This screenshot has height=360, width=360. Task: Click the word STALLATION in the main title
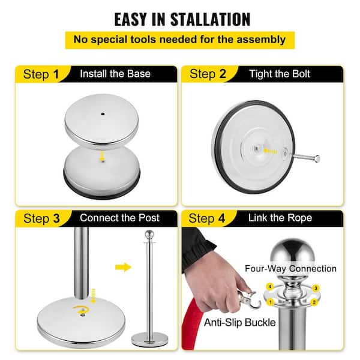tap(211, 19)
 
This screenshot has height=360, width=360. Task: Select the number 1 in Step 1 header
tap(56, 74)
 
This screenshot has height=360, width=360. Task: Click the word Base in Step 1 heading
tap(139, 74)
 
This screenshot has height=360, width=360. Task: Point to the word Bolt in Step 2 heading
tap(301, 74)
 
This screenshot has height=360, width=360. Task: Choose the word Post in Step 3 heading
tap(149, 218)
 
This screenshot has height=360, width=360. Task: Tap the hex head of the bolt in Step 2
tap(317, 159)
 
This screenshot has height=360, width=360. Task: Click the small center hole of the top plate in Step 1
tap(103, 114)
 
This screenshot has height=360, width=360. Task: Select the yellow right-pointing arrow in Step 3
tap(123, 267)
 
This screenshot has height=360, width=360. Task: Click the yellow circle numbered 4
tap(270, 287)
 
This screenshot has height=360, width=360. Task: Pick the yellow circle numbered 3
tap(316, 288)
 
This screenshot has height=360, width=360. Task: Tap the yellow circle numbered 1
tap(270, 302)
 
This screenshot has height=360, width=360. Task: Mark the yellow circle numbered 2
tap(314, 302)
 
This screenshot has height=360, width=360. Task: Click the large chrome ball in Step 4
tap(292, 253)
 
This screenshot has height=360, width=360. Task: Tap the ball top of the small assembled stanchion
tap(149, 235)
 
